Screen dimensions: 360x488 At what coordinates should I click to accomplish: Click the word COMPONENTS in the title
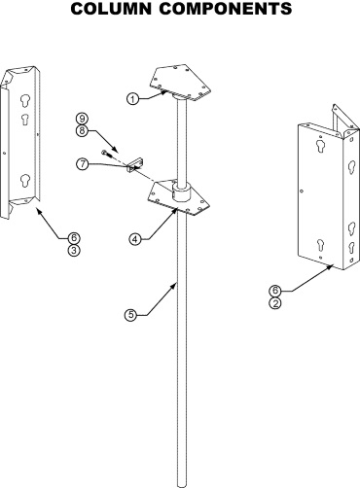(226, 9)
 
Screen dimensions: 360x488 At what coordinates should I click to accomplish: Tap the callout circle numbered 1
(132, 99)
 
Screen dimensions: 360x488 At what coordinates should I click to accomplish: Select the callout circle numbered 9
(82, 119)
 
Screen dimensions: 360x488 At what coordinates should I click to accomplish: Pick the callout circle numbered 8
(82, 131)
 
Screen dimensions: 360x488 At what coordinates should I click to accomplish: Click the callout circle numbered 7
(83, 164)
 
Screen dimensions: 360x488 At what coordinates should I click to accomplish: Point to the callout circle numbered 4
(135, 239)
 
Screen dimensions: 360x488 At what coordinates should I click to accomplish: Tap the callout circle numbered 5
(130, 315)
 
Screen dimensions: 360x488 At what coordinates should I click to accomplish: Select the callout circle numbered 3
(74, 251)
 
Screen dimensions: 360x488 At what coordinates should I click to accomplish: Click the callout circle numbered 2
(275, 303)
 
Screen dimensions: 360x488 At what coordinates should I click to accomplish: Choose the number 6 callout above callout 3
(74, 238)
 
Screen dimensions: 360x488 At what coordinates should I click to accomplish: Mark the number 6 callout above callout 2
(275, 291)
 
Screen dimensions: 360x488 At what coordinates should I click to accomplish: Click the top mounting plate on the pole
(180, 82)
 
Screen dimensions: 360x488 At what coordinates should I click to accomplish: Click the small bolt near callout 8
(107, 154)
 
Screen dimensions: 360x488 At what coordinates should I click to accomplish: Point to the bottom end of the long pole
(182, 485)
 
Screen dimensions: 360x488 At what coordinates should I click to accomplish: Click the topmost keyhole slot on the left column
(24, 101)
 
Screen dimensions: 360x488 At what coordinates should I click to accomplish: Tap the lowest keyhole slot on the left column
(24, 181)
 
